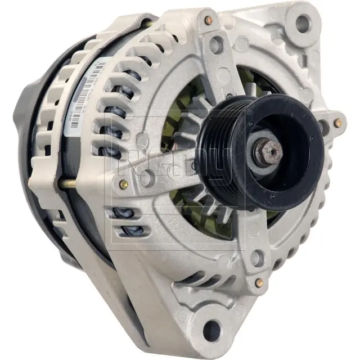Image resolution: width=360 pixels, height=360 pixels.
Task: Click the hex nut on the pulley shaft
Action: (x=269, y=151)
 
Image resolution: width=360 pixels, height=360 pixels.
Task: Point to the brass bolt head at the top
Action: (x=209, y=21)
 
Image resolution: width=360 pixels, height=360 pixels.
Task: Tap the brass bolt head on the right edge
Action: (x=337, y=123)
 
